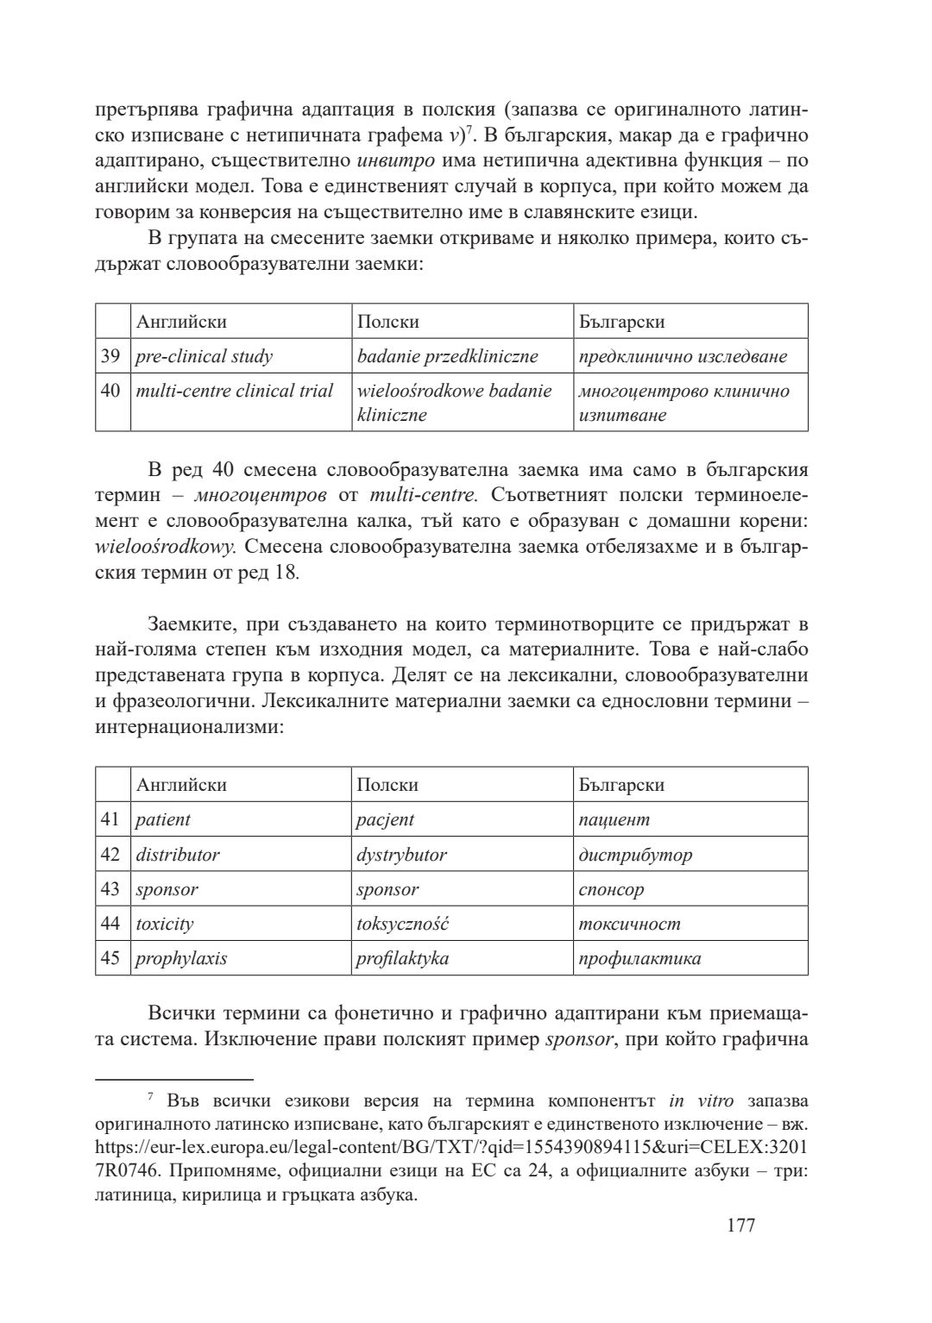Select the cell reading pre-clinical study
tap(205, 356)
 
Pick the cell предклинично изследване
tap(683, 356)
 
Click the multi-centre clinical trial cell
tap(235, 392)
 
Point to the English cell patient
tap(163, 819)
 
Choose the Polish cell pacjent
tap(386, 819)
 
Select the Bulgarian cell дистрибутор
tap(635, 855)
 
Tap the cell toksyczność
tap(402, 924)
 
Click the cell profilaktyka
tap(402, 958)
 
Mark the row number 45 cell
tap(110, 958)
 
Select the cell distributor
tap(178, 855)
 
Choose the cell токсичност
tap(629, 924)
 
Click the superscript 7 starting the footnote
tap(150, 1097)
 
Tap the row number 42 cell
tap(110, 855)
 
